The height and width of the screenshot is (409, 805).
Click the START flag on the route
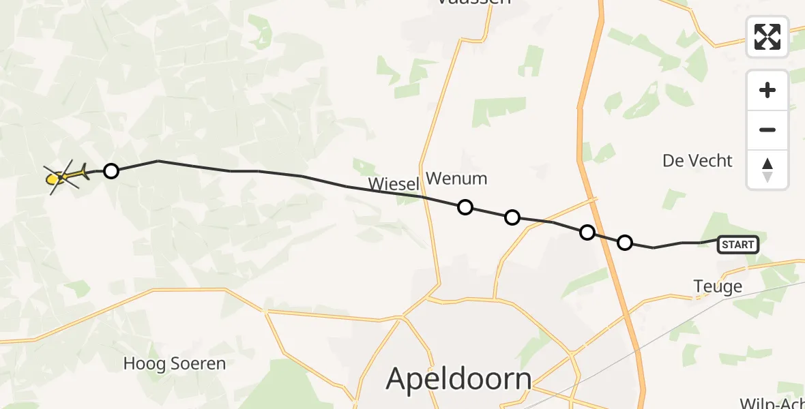click(x=738, y=245)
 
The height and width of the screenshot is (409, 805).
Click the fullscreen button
click(x=767, y=37)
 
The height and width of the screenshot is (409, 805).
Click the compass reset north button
click(x=767, y=170)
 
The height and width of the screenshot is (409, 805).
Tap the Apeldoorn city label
click(x=458, y=379)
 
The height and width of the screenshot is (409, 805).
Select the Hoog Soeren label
click(x=174, y=364)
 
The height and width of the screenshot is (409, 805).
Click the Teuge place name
click(x=717, y=287)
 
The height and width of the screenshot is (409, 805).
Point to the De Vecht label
click(x=697, y=161)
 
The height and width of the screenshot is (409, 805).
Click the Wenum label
click(x=456, y=179)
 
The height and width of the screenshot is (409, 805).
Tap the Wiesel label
click(x=393, y=184)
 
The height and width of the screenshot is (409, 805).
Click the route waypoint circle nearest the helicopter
click(x=111, y=171)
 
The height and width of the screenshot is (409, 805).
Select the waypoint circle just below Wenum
click(x=465, y=207)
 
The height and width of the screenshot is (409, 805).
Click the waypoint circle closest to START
click(x=625, y=242)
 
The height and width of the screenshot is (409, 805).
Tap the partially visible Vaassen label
click(x=474, y=3)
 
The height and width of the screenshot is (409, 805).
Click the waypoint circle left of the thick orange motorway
click(x=587, y=232)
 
